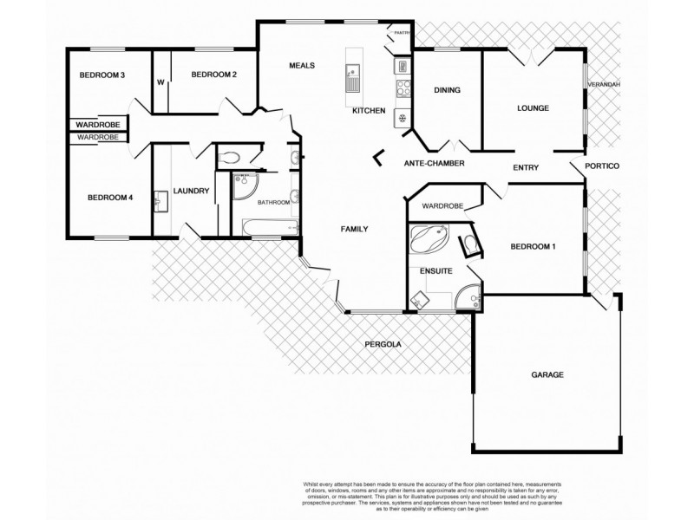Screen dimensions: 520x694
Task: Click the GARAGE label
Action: (547, 375)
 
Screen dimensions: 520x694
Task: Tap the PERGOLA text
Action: (383, 344)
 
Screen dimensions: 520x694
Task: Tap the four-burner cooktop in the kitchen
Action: (403, 87)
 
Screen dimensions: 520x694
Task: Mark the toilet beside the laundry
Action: (230, 158)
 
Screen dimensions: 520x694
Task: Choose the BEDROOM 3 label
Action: (102, 75)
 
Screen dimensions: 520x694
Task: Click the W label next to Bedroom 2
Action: (160, 83)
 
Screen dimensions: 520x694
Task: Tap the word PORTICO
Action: (601, 166)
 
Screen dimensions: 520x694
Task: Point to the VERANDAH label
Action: (604, 85)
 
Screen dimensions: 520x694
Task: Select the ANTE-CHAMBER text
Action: (435, 163)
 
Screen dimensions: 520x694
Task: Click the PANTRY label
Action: (400, 33)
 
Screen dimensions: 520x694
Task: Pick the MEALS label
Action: (302, 66)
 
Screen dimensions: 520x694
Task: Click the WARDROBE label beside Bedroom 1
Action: (442, 207)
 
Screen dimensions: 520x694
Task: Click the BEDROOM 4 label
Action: (110, 198)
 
